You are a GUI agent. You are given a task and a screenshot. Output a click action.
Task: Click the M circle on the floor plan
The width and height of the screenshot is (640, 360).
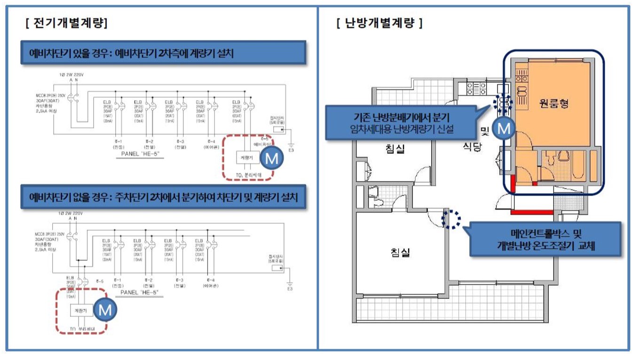(504, 128)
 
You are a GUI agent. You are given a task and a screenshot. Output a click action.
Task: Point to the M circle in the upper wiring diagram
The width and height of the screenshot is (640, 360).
(272, 159)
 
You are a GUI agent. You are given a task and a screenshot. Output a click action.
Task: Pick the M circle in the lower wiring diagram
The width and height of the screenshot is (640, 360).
(105, 310)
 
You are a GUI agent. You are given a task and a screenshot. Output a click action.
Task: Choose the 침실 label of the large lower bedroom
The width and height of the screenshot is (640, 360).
(400, 252)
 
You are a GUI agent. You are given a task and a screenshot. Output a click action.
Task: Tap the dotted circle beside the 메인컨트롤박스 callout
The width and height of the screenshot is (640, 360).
(451, 219)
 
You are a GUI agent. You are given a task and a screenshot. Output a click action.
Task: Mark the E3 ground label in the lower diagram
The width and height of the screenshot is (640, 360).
(291, 289)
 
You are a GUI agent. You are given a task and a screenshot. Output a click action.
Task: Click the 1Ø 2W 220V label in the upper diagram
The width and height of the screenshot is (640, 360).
(69, 75)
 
